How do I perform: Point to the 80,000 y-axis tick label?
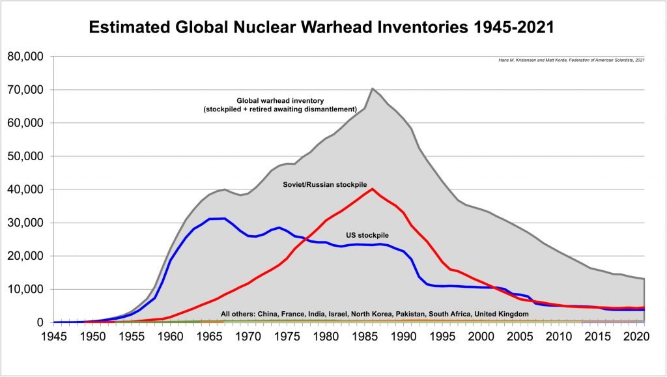(x=25, y=57)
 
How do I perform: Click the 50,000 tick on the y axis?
(x=25, y=156)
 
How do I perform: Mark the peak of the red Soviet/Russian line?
(x=372, y=189)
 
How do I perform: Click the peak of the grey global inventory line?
(x=372, y=89)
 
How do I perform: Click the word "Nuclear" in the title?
(x=251, y=28)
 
